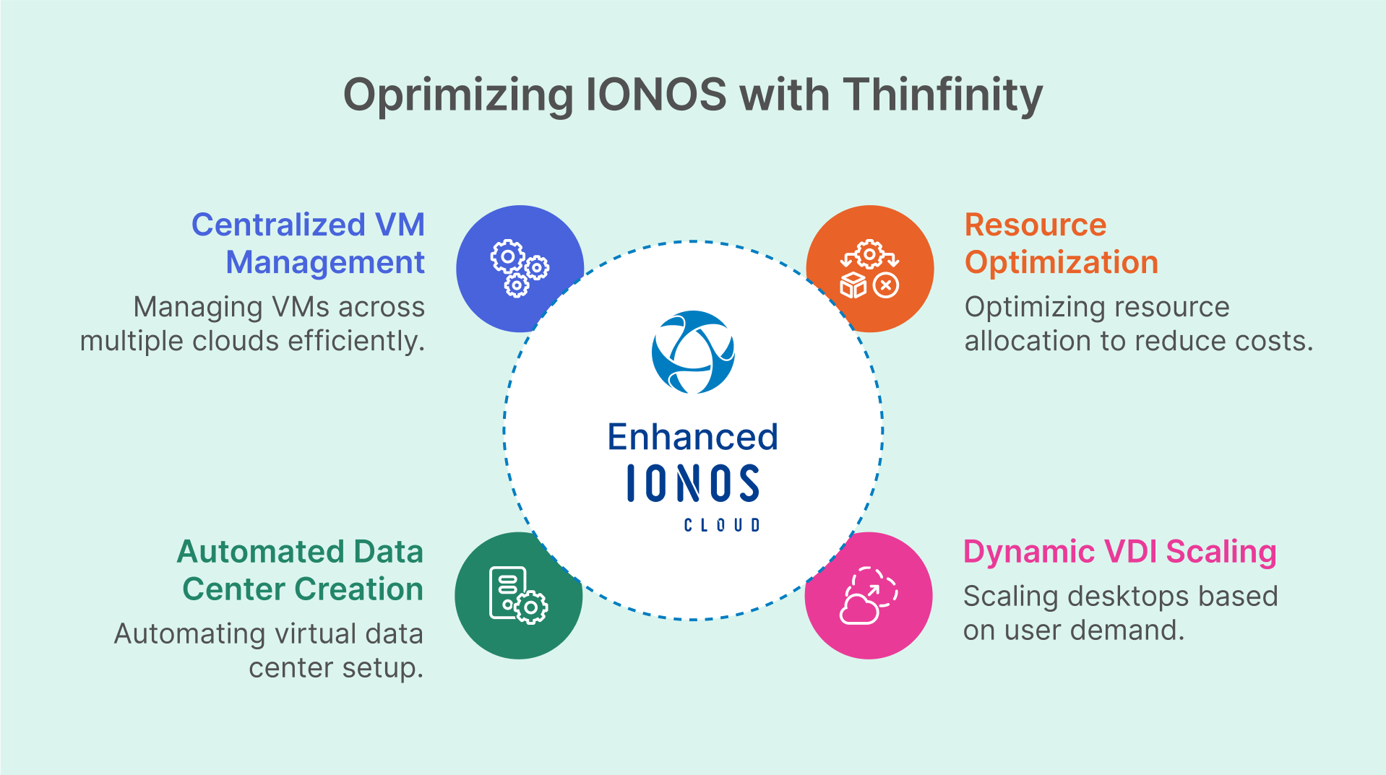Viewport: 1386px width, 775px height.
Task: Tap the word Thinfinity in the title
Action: [943, 96]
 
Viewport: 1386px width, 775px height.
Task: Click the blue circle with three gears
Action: [519, 268]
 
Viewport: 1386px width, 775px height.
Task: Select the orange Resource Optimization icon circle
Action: [870, 268]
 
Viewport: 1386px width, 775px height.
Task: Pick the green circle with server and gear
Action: [517, 595]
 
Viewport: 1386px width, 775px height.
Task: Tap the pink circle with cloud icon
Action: [869, 595]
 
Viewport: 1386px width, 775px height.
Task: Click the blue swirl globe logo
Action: [693, 352]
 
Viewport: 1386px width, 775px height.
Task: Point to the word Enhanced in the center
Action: [692, 437]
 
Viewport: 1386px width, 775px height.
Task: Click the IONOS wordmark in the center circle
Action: [692, 483]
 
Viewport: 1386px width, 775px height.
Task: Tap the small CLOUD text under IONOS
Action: [721, 525]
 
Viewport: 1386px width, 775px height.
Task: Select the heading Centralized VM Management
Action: [309, 243]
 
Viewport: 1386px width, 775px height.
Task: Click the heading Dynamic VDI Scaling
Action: [1119, 552]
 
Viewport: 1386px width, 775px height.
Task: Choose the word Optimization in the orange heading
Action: [1061, 262]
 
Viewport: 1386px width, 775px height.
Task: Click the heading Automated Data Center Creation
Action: [301, 571]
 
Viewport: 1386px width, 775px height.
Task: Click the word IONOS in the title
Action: [655, 95]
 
